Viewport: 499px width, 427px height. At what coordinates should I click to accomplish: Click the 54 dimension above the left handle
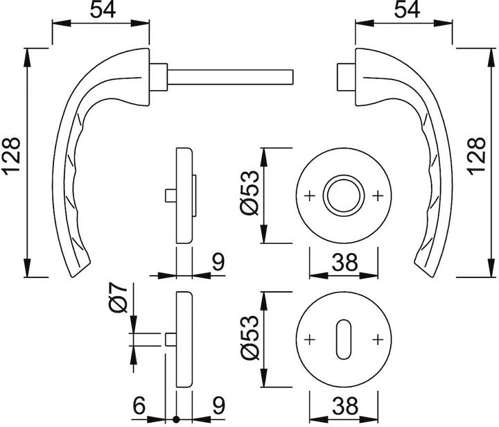click(x=103, y=10)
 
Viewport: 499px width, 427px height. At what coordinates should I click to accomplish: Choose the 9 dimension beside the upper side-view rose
click(x=218, y=262)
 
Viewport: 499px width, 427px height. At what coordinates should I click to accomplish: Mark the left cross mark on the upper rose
click(x=310, y=195)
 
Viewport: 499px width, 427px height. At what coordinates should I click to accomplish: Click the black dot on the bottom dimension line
click(x=176, y=419)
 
